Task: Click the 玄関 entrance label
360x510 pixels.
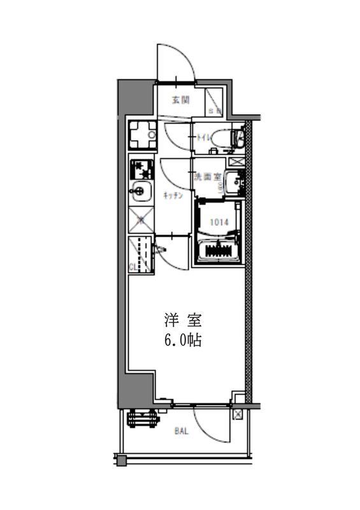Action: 181,99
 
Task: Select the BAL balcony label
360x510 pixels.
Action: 182,431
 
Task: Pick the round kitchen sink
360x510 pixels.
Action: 140,190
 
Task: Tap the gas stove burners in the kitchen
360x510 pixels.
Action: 142,169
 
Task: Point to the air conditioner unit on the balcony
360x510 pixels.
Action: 142,418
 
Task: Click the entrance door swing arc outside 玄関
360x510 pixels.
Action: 175,64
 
